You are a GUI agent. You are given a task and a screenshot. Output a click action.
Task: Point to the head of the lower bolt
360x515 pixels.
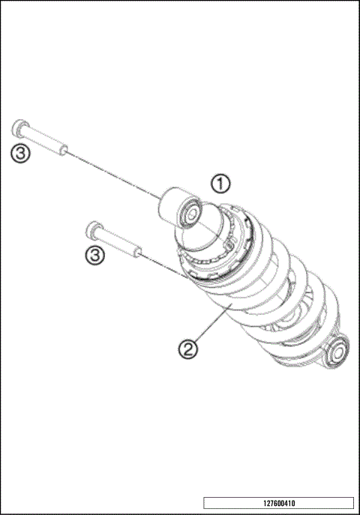pyautogui.click(x=94, y=228)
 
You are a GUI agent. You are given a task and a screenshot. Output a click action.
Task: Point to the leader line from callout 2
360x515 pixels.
pyautogui.click(x=209, y=325)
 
